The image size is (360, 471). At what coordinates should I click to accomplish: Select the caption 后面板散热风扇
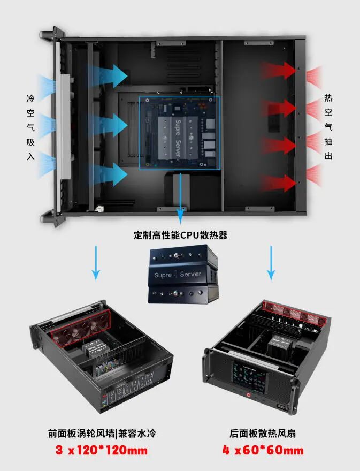pyautogui.click(x=263, y=432)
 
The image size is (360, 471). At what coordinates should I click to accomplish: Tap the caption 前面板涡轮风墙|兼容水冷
pyautogui.click(x=101, y=432)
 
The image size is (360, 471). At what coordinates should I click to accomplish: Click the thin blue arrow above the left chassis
pyautogui.click(x=96, y=262)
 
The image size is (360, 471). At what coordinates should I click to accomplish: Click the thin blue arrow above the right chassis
pyautogui.click(x=271, y=262)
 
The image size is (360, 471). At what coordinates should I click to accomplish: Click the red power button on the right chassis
pyautogui.click(x=249, y=396)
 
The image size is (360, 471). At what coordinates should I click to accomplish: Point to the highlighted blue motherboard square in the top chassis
pyautogui.click(x=179, y=133)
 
